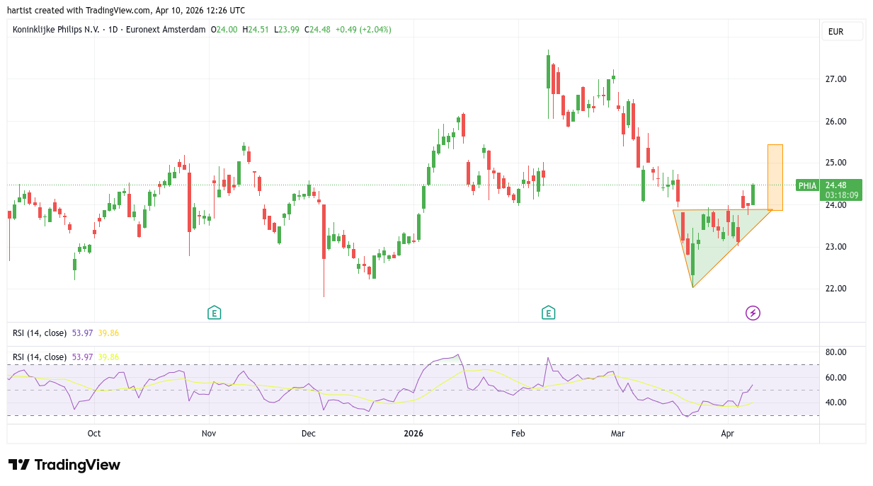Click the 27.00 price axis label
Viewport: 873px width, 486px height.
pos(835,79)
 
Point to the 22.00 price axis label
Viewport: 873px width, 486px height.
pos(835,289)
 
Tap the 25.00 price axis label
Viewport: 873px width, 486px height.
pos(835,163)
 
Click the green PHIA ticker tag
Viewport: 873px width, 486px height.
pos(807,185)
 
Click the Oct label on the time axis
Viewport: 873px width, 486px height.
pos(94,433)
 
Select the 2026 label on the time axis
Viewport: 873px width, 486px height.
pos(413,433)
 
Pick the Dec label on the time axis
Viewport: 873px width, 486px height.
pos(308,433)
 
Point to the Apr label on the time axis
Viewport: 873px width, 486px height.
pos(728,433)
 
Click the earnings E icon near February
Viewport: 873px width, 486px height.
pos(548,313)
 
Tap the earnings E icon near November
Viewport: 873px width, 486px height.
pos(214,313)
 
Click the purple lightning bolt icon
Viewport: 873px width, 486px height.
pos(753,313)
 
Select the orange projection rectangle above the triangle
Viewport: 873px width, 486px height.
pos(775,177)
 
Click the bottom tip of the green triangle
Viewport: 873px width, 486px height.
pos(692,287)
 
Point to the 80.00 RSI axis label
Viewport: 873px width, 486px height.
pos(837,352)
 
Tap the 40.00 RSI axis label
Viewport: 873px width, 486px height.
pos(837,403)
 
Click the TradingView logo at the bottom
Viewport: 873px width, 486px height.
pos(64,465)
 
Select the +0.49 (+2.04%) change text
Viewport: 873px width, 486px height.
pos(363,30)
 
